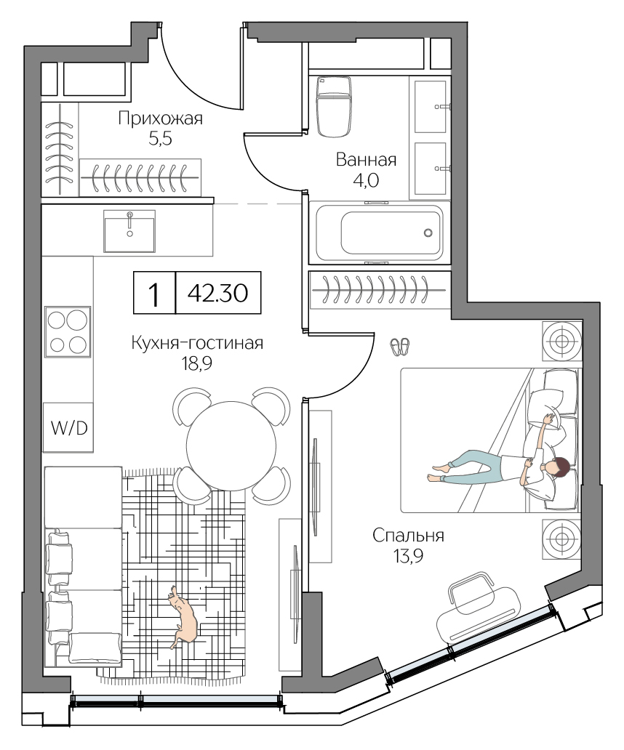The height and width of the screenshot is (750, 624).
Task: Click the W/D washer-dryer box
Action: pos(68,427)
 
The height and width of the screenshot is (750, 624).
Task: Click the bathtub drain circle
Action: pos(428,233)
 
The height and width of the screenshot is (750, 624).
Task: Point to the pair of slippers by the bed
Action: pos(400,347)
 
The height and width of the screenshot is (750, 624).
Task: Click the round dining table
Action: pos(231,446)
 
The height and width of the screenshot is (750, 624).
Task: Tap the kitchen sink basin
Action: pos(129,231)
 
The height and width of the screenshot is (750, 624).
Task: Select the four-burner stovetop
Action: pos(68,331)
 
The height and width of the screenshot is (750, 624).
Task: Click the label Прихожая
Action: pos(160,118)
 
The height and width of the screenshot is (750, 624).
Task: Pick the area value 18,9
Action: pos(196,365)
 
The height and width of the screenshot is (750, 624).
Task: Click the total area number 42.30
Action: pos(218,294)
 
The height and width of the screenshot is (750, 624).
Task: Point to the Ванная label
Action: pos(366,160)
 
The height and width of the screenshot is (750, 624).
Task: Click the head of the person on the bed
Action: pos(559,469)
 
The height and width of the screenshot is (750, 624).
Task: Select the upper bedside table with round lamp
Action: pos(562,341)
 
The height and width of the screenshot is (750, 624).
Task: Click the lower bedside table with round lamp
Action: pos(562,539)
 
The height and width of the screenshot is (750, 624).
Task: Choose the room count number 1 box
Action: pos(153,294)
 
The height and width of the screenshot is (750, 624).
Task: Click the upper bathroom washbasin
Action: pos(431,106)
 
